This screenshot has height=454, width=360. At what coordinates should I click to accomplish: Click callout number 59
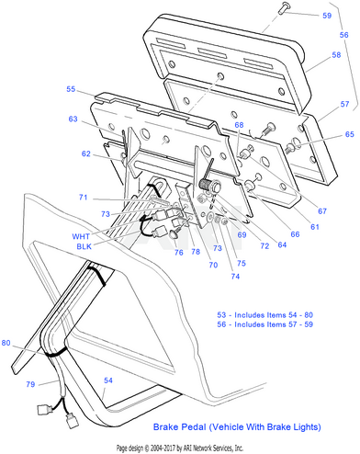point(327,16)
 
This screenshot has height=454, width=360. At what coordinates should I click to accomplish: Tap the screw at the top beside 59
point(284,7)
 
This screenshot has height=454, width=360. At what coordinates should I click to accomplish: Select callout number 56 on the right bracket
point(343,35)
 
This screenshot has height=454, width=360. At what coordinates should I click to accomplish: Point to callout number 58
point(336,55)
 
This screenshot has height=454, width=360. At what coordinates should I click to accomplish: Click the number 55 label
point(71,89)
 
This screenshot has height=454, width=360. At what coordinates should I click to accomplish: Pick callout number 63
point(73,119)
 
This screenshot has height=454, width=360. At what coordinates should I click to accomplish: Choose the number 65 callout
point(349,134)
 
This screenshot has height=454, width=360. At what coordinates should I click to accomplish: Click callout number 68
point(239,125)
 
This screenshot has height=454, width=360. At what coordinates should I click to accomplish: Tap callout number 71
point(84,198)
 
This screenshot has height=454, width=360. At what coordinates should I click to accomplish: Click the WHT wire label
point(81,236)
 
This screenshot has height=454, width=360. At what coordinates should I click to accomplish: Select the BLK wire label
point(84,246)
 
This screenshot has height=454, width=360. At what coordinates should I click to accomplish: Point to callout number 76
point(179,253)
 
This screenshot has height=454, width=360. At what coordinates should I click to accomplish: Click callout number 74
point(235,277)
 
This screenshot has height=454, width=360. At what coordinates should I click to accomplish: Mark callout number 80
point(6,343)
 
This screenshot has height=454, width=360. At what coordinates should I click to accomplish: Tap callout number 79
point(30,384)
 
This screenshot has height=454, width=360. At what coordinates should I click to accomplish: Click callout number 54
point(108,380)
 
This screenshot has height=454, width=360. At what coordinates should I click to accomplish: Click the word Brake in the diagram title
point(166,427)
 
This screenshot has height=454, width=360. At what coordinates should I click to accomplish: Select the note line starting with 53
point(265,315)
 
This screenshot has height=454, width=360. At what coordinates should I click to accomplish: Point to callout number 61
point(315,227)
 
